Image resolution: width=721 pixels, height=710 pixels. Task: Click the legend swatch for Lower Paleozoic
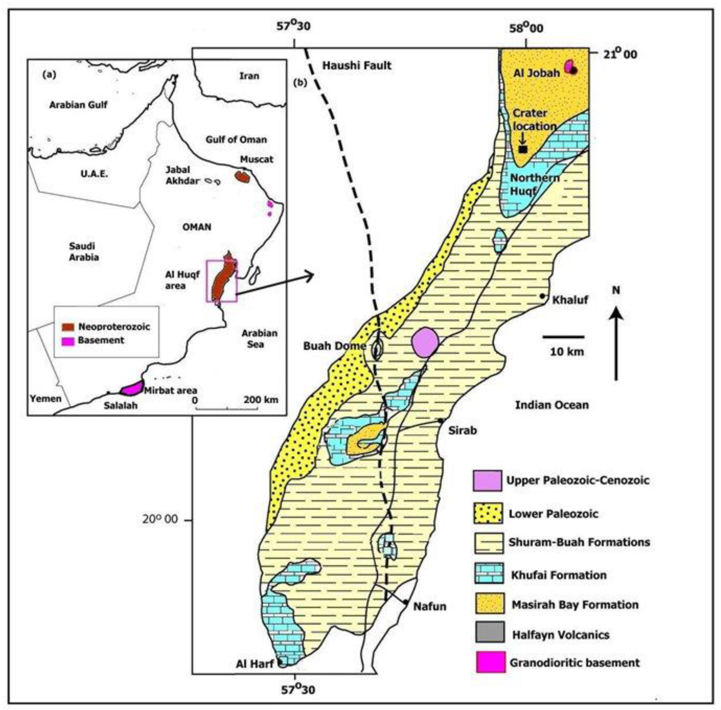[x=488, y=513]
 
